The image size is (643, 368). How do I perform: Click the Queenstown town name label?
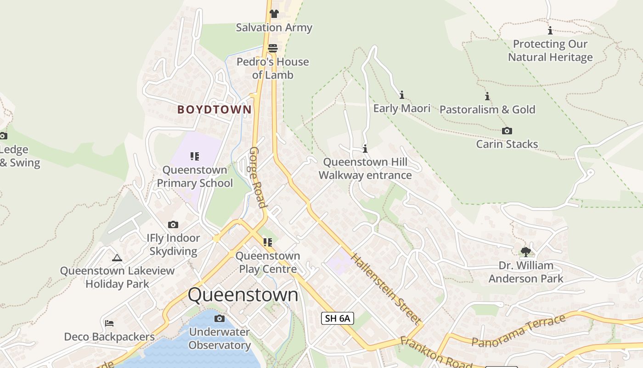click(x=243, y=295)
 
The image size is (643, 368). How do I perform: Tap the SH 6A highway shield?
click(x=337, y=318)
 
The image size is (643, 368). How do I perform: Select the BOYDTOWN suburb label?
click(x=214, y=109)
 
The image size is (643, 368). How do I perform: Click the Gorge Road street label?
click(x=258, y=178)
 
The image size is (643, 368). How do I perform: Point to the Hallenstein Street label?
click(x=386, y=288)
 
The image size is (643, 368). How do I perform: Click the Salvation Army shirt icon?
click(x=274, y=13)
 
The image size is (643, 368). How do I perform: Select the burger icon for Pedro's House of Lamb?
click(x=273, y=48)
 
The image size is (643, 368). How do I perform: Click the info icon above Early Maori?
click(x=402, y=95)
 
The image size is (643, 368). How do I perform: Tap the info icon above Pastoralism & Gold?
click(x=487, y=96)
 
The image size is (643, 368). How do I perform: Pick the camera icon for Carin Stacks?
click(x=507, y=131)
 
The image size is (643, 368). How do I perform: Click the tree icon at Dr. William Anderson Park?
click(x=526, y=252)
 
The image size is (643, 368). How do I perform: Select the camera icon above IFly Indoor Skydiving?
click(x=173, y=224)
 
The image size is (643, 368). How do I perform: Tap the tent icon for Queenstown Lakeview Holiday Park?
click(x=117, y=258)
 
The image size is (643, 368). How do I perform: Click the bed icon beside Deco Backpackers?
click(x=109, y=323)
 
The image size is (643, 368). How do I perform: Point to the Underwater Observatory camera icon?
click(x=220, y=318)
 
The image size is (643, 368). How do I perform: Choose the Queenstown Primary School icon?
click(x=195, y=156)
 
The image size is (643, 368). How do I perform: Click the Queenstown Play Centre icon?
click(x=268, y=242)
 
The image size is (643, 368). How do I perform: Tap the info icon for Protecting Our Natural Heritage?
click(x=550, y=31)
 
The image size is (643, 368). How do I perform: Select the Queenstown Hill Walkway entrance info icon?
click(x=365, y=149)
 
